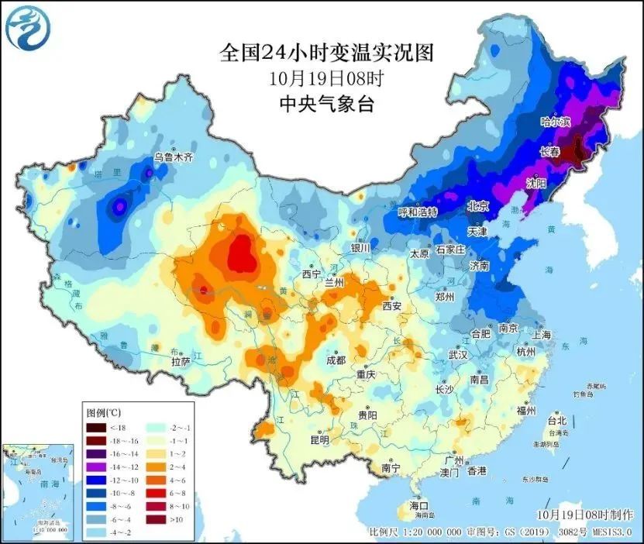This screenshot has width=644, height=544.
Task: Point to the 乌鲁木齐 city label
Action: click(172, 157)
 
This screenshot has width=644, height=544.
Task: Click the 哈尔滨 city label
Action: click(555, 122)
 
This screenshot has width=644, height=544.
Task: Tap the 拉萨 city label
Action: click(181, 361)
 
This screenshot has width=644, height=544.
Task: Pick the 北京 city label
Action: click(478, 206)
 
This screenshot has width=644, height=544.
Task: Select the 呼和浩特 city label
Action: click(418, 212)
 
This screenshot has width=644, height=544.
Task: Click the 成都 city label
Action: click(336, 360)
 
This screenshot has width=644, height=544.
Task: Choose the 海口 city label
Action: click(419, 505)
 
